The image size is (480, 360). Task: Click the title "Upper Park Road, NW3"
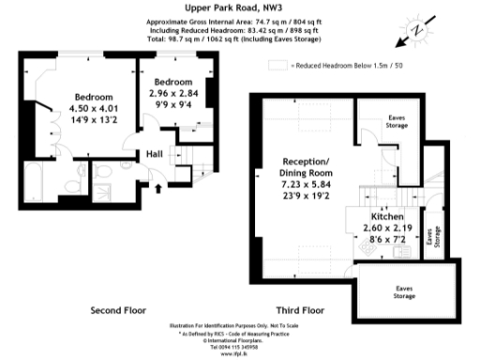pyautogui.click(x=238, y=7)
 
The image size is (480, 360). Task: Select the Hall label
pyautogui.click(x=156, y=155)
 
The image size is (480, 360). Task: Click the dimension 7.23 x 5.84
pyautogui.click(x=307, y=187)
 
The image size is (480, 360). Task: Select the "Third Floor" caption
pyautogui.click(x=302, y=308)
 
